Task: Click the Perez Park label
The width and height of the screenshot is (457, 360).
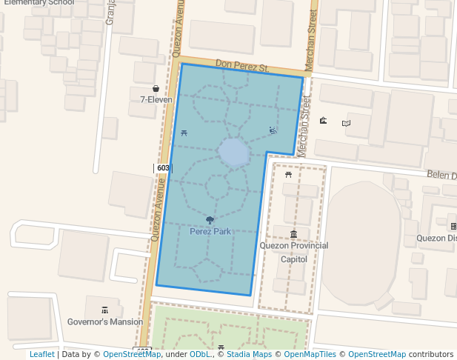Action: pyautogui.click(x=210, y=231)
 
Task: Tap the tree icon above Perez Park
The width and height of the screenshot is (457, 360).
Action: pyautogui.click(x=210, y=220)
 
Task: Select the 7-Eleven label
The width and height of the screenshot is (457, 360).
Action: pyautogui.click(x=156, y=99)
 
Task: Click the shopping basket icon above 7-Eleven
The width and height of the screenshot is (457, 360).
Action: pyautogui.click(x=156, y=89)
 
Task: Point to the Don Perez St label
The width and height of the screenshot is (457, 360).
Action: pyautogui.click(x=241, y=67)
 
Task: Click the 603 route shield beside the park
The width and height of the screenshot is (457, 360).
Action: pyautogui.click(x=163, y=168)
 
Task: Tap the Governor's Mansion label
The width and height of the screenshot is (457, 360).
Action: pyautogui.click(x=104, y=322)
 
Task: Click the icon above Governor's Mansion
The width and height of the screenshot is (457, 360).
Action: pyautogui.click(x=104, y=310)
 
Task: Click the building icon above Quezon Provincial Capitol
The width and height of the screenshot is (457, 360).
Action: pyautogui.click(x=294, y=235)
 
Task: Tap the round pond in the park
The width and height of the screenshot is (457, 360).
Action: pyautogui.click(x=233, y=153)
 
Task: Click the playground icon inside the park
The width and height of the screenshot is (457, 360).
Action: pyautogui.click(x=273, y=131)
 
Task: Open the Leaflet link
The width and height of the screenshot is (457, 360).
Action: pyautogui.click(x=41, y=354)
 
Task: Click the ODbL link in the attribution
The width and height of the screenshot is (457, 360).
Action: pyautogui.click(x=199, y=354)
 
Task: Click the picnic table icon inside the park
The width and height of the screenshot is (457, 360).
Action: pyautogui.click(x=183, y=133)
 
